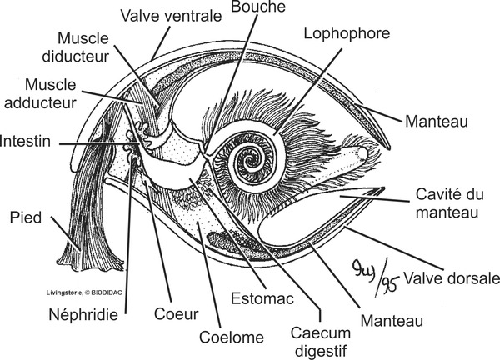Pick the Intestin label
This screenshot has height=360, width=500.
tap(26, 142)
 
